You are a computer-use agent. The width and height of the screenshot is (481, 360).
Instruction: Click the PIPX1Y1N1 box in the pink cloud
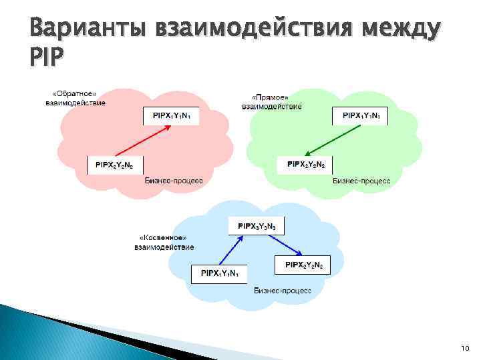170,117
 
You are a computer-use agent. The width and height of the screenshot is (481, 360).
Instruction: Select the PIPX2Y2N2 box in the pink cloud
116,164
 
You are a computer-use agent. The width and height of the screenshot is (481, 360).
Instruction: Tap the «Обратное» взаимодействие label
75,98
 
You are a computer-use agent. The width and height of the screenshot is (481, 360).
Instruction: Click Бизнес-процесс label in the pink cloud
174,180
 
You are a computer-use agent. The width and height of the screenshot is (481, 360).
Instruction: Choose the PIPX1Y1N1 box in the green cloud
361,117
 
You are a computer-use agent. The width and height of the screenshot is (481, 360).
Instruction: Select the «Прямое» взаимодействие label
271,101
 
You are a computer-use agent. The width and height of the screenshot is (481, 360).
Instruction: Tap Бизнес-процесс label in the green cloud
363,180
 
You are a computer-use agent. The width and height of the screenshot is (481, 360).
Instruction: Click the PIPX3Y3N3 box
257,227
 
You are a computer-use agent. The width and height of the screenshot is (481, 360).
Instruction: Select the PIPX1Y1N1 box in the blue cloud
220,274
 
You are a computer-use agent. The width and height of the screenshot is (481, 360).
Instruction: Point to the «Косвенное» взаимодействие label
164,242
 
